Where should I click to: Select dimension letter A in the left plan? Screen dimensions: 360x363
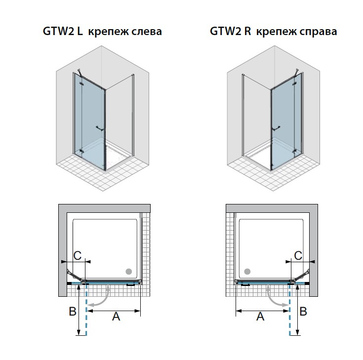116,317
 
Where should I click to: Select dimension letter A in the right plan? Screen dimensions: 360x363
261,317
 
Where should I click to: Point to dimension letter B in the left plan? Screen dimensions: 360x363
72,312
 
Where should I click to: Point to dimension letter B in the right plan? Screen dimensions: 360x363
304,312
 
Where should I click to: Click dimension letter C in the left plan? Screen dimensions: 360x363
77,255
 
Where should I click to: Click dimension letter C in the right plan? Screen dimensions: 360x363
298,255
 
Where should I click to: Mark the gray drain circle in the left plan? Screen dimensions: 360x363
129,271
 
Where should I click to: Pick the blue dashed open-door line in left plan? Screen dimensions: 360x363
87,311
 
